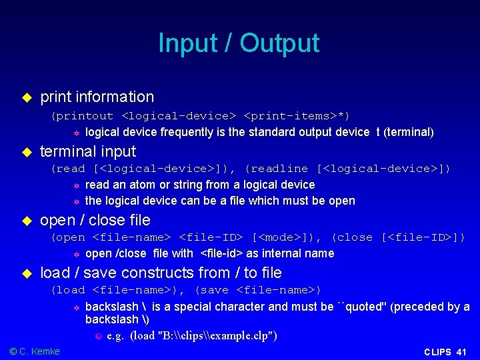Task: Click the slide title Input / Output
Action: coord(239,43)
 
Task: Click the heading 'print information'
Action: coord(97,97)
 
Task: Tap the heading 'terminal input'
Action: coord(88,151)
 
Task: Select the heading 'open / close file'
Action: coord(95,220)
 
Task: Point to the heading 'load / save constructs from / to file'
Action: coord(161,273)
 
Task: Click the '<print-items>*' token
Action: coord(297,115)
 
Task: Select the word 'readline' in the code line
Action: coord(279,169)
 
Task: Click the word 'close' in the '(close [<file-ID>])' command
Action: coord(354,237)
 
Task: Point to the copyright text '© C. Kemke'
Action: coord(35,351)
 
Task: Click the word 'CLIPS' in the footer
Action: coord(437,352)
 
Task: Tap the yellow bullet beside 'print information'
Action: coord(27,97)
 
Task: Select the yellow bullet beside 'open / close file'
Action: coord(27,221)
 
